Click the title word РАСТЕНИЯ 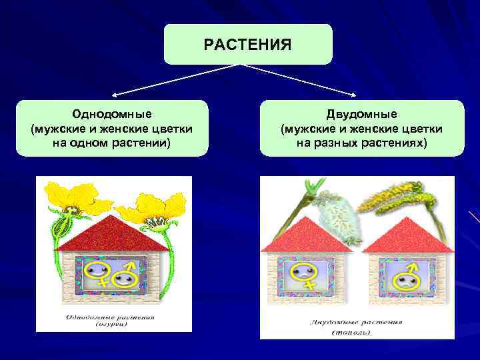(x=247, y=45)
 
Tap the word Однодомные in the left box (x=111, y=115)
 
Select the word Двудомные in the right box (x=361, y=115)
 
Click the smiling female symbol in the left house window (x=97, y=273)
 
